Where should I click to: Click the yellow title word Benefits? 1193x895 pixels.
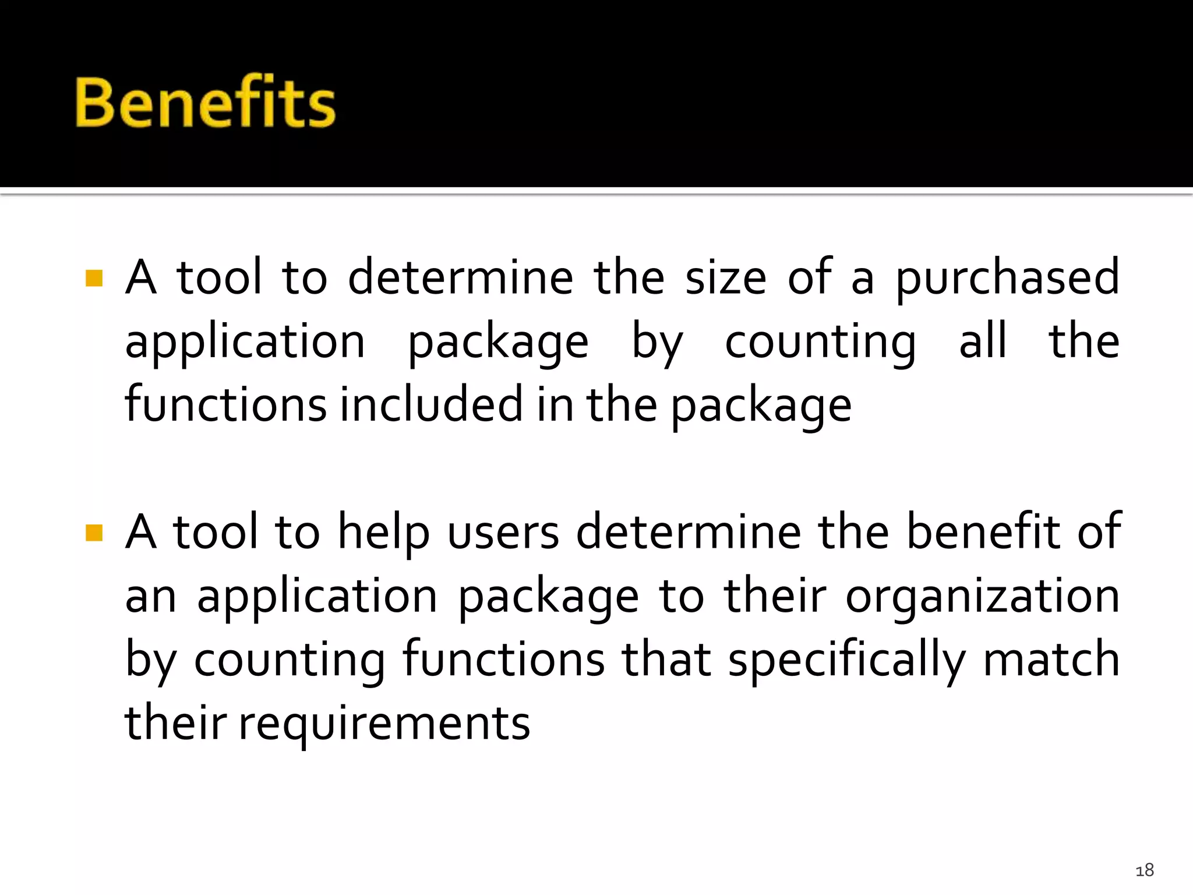pos(205,102)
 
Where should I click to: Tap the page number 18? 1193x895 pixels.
pos(1144,870)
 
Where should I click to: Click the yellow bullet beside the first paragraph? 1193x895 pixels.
pos(94,278)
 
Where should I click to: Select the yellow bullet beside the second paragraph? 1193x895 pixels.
pos(94,533)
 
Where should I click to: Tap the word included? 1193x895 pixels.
pos(431,404)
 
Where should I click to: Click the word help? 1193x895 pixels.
pos(384,533)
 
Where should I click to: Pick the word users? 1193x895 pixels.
pos(503,533)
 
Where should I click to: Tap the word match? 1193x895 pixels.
pos(1051,660)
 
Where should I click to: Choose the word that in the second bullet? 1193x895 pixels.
pos(666,660)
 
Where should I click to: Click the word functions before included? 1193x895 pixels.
pos(226,404)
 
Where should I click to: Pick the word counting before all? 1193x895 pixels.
pos(820,343)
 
